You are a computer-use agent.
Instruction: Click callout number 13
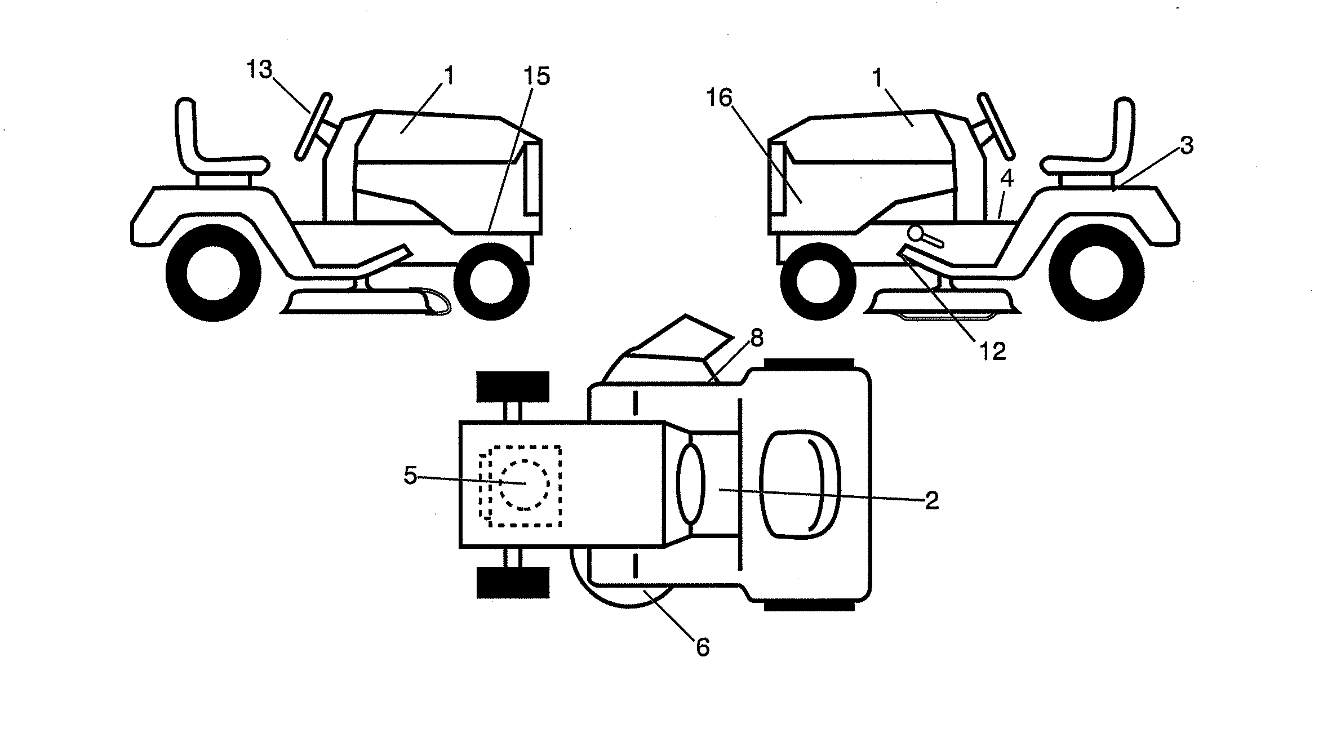pyautogui.click(x=259, y=70)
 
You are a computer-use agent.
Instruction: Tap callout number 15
pyautogui.click(x=536, y=76)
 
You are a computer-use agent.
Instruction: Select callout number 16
pyautogui.click(x=719, y=98)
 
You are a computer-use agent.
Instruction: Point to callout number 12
pyautogui.click(x=993, y=352)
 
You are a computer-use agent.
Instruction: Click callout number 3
pyautogui.click(x=1187, y=146)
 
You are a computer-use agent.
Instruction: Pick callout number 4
pyautogui.click(x=1007, y=179)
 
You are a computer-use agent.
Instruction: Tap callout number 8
pyautogui.click(x=757, y=338)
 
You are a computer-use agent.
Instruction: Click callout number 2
pyautogui.click(x=932, y=500)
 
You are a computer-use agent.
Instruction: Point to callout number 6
pyautogui.click(x=703, y=647)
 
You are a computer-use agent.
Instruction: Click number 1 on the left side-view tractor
pyautogui.click(x=449, y=76)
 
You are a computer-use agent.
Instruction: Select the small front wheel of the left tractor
pyautogui.click(x=491, y=281)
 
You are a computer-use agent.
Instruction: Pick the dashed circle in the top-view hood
pyautogui.click(x=525, y=485)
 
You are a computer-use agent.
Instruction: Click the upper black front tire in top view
pyautogui.click(x=512, y=387)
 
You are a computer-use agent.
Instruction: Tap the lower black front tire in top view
pyautogui.click(x=512, y=582)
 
